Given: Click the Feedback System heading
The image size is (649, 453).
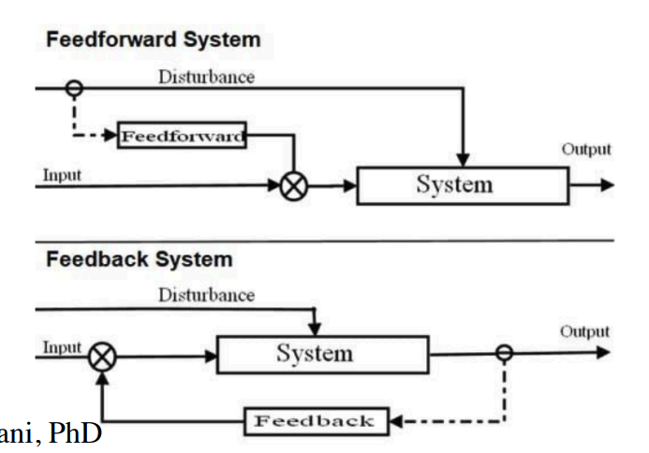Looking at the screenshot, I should tap(139, 258).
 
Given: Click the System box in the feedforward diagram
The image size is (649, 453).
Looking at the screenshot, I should tap(462, 184).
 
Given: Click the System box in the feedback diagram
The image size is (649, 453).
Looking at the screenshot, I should tap(314, 354).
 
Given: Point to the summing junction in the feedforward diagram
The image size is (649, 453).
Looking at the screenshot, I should tap(293, 184).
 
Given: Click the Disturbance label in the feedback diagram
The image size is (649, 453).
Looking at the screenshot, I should tap(206, 295).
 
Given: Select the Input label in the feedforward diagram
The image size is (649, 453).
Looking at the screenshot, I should tap(62, 174).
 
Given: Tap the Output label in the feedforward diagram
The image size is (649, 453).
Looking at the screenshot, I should tap(585, 149).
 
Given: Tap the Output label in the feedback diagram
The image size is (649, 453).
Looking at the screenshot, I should tap(584, 331).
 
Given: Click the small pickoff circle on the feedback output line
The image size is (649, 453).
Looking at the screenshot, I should tap(504, 353).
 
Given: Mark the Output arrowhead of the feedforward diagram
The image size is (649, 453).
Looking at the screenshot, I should tap(607, 184).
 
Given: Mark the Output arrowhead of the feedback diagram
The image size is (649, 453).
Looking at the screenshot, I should tap(603, 353).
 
